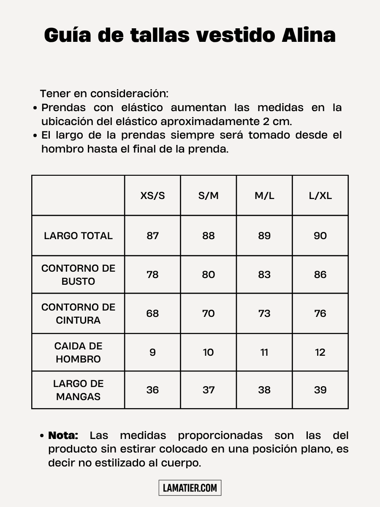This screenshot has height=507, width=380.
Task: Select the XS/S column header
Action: coord(152,196)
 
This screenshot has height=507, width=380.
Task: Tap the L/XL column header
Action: coord(320,196)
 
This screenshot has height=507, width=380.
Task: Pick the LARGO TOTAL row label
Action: coord(78,236)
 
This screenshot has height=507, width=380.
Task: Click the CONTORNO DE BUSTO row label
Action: coord(78,275)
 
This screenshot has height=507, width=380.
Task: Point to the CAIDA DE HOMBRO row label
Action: coord(78,352)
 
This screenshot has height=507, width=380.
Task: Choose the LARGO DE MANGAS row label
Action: coord(78,390)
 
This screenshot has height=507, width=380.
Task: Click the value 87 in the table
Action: coord(152,236)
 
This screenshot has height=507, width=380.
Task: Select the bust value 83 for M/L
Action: coord(264,275)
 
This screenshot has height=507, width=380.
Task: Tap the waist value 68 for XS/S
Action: coord(152,313)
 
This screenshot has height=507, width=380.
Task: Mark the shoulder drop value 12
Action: coord(320,352)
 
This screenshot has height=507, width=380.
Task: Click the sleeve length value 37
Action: coord(209,390)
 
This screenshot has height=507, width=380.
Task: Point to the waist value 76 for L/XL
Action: coord(320,313)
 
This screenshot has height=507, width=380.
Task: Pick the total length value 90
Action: coord(320,236)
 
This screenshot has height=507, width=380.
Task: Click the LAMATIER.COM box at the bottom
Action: coord(190,488)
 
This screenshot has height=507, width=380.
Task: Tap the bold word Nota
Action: coord(63,436)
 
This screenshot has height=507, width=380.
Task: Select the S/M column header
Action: coord(209,196)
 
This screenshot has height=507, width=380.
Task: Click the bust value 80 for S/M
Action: coord(209,275)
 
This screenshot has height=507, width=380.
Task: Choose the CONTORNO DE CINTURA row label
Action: coord(78,313)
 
